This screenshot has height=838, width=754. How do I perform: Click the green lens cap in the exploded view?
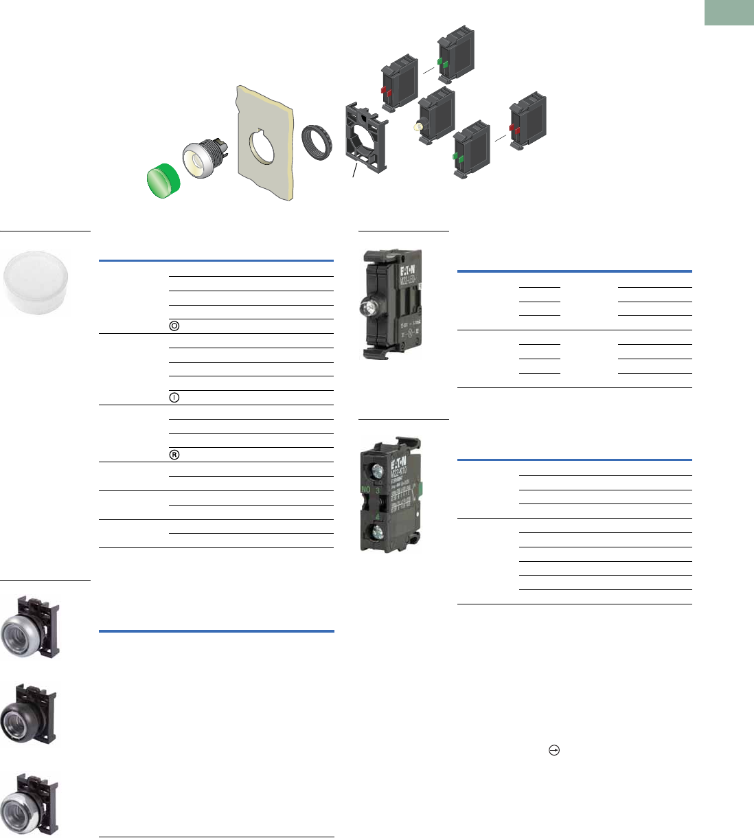164,180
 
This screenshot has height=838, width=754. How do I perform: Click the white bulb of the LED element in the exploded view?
417,127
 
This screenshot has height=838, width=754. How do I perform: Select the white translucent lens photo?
37,281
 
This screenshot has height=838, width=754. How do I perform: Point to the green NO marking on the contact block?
366,490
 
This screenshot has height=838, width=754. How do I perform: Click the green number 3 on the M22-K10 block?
377,490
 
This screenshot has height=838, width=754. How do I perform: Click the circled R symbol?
174,455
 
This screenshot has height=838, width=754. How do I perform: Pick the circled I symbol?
174,398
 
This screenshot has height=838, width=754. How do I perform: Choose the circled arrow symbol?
553,751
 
